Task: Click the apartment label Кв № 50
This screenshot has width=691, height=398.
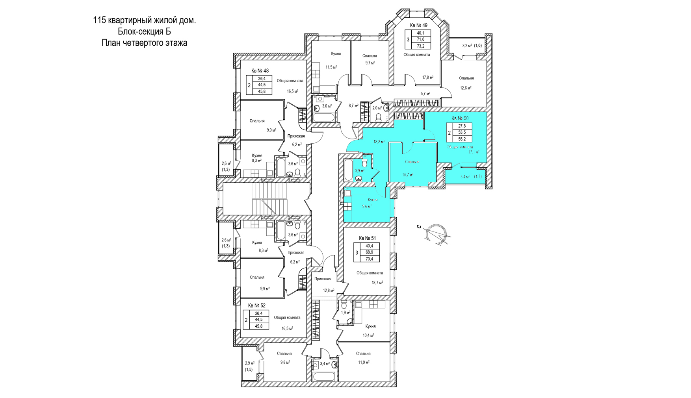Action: [x=460, y=118]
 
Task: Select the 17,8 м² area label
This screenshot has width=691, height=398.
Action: [x=428, y=78]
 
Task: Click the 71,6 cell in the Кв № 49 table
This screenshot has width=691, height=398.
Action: [x=420, y=40]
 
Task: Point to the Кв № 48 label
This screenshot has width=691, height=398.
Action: [x=260, y=71]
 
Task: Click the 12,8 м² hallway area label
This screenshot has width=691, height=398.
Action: [x=329, y=291]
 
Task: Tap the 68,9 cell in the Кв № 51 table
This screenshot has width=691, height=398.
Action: [x=369, y=252]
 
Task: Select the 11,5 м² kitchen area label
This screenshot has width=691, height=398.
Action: [x=331, y=67]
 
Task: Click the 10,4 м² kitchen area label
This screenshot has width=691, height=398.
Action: [x=368, y=335]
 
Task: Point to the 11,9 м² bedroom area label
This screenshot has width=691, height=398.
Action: [x=364, y=362]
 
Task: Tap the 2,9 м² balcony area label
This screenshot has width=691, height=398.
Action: [x=250, y=363]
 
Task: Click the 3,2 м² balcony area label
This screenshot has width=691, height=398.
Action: [x=467, y=46]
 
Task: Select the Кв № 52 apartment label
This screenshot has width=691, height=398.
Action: [x=257, y=305]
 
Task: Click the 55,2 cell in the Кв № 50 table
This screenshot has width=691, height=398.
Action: [x=462, y=139]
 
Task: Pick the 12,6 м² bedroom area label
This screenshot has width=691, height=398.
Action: [x=466, y=88]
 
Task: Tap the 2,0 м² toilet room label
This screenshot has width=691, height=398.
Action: [x=377, y=108]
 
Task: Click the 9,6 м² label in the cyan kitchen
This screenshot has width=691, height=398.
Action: [x=367, y=206]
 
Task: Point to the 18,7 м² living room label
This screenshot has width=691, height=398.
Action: [x=377, y=283]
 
